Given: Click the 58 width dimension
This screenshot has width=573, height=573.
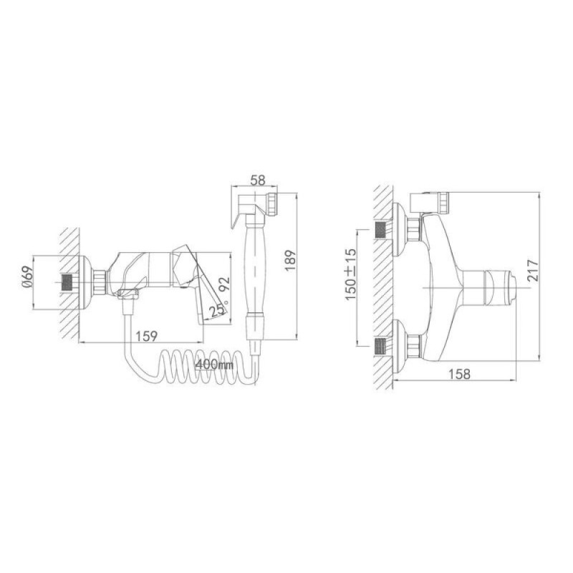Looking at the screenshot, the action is [x=258, y=180].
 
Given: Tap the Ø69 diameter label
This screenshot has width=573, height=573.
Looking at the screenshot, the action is [x=28, y=276].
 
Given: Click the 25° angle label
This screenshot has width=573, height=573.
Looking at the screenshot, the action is [x=218, y=310].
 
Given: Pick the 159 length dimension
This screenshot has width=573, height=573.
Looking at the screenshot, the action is [x=147, y=335].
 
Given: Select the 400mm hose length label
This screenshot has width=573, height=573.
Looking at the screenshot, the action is [x=214, y=364].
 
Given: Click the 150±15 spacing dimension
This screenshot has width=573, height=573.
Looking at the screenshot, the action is [x=350, y=274].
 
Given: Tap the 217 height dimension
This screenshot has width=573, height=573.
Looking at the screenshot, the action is [x=533, y=270].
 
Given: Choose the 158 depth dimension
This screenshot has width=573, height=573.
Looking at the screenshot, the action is [x=459, y=373].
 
